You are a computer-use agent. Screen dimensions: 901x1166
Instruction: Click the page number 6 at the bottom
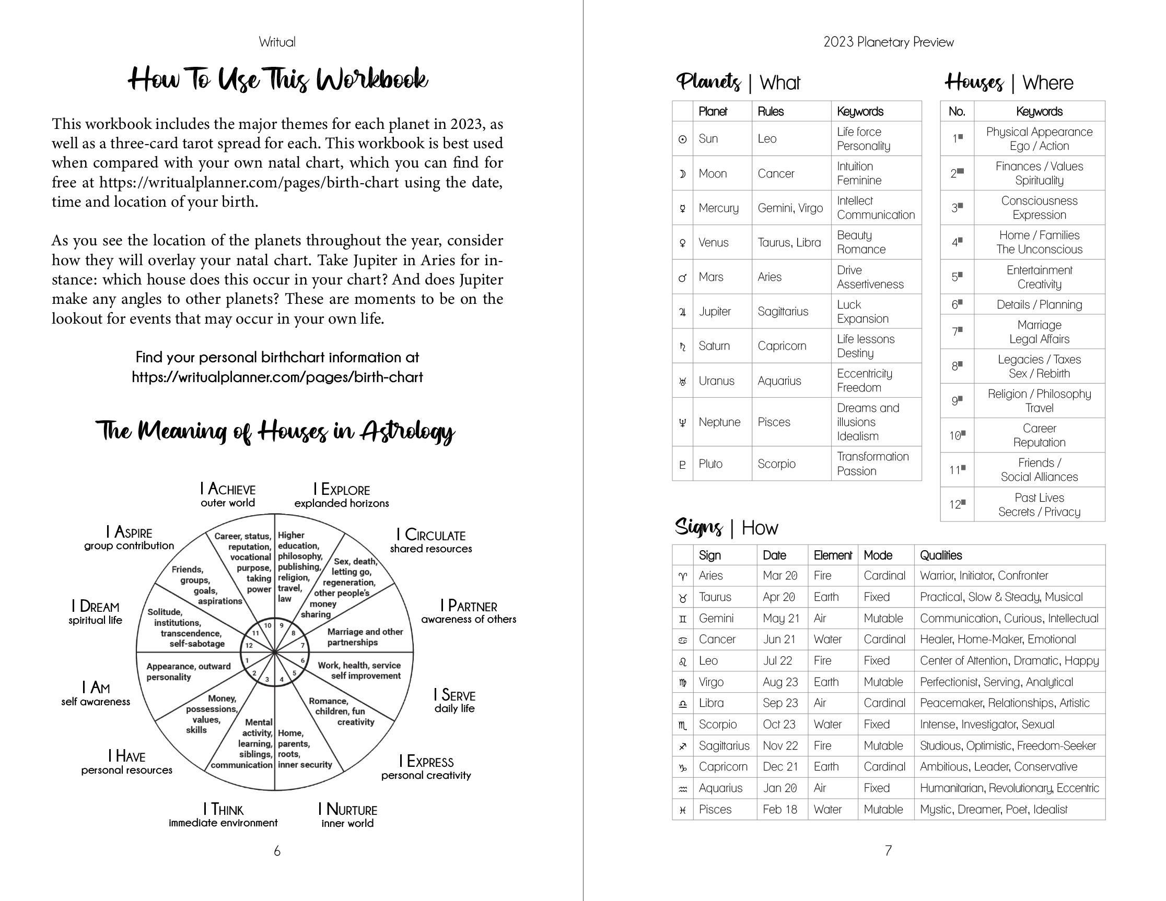point(277,851)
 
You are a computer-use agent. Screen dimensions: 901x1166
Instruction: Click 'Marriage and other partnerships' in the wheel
point(365,637)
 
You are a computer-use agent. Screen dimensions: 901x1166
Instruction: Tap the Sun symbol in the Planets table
point(682,139)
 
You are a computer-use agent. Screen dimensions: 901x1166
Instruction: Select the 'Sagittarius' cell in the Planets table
point(783,312)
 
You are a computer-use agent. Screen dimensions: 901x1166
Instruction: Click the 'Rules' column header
point(771,112)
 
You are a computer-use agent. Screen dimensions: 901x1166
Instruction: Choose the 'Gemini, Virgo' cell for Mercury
point(790,208)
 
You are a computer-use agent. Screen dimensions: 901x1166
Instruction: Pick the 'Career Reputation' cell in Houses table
point(1039,435)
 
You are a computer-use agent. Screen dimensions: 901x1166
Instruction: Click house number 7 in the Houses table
point(957,331)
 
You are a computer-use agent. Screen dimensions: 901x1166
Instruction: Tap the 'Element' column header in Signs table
point(832,555)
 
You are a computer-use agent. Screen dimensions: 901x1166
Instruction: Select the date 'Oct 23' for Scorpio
point(779,725)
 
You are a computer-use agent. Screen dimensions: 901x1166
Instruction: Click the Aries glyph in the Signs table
point(682,576)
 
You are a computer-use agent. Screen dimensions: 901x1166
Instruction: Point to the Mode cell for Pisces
point(883,809)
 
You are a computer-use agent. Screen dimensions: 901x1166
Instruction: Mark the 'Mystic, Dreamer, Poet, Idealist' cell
point(993,809)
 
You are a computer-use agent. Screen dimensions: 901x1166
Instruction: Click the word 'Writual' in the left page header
point(277,42)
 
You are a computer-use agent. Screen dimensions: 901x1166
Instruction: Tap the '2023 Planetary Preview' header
point(889,42)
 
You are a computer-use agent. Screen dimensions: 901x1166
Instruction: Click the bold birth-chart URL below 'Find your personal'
point(277,377)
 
